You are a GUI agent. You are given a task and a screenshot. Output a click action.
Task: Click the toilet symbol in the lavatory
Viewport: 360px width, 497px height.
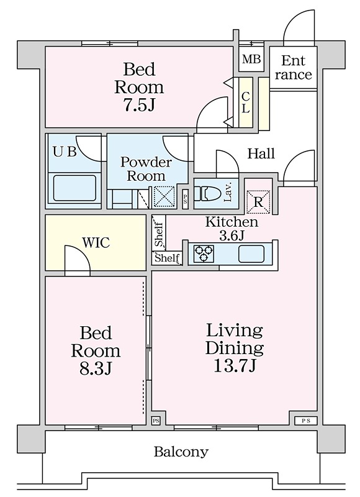coord(206,193)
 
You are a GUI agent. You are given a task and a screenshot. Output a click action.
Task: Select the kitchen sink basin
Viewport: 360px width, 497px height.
coord(251,254)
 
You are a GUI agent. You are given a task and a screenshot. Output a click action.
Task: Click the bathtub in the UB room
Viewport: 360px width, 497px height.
coord(74,188)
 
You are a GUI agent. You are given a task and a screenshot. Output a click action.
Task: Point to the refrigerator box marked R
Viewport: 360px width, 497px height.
coord(258,201)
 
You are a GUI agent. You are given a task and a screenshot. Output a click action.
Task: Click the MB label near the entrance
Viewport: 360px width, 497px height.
coord(251,59)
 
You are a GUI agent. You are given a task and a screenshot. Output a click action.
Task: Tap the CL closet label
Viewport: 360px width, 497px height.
coord(246,102)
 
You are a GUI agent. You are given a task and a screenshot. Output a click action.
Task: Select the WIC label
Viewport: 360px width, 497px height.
coord(96,243)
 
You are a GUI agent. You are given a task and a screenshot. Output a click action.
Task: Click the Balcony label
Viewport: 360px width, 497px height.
coord(181,452)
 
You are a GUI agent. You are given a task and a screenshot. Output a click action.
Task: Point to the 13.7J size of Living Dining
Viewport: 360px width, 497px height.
coord(234,366)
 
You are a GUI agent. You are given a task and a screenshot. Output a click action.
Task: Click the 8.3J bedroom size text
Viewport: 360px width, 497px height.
coord(96,368)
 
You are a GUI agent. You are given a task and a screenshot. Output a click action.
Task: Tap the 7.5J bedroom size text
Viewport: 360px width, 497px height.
coord(139,104)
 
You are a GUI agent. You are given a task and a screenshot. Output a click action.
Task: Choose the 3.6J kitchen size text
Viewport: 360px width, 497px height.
coord(232,235)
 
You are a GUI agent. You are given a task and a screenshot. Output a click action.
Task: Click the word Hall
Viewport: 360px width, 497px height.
coord(261,153)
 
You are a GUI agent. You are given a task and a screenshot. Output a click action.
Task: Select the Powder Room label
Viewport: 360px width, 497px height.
coord(146,169)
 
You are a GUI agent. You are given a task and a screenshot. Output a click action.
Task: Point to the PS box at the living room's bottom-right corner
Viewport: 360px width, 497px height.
coord(305,421)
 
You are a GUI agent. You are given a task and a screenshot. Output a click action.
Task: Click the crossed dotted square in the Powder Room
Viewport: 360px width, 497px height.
coord(164,197)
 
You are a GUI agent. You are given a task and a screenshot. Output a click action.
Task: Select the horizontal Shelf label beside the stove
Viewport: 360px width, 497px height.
coord(167,258)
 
